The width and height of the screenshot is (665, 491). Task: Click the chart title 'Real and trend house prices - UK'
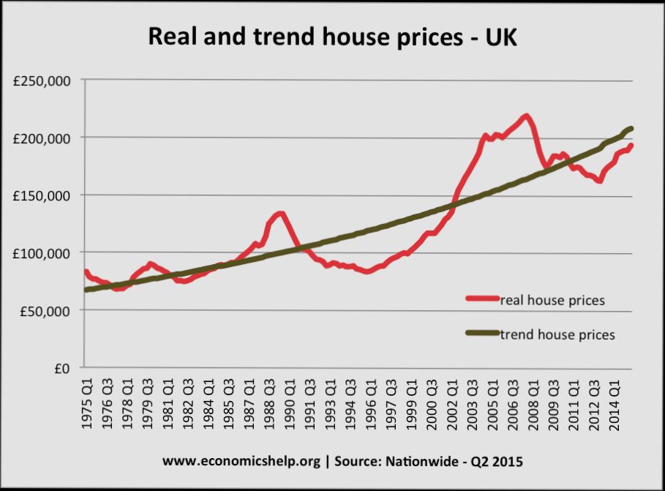(332, 37)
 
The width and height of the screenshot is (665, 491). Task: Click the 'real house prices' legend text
(552, 299)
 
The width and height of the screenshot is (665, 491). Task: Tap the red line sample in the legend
(482, 299)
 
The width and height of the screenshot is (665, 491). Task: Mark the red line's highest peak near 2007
(525, 116)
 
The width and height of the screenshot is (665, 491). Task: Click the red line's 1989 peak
(280, 214)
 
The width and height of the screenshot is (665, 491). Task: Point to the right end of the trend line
(631, 129)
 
